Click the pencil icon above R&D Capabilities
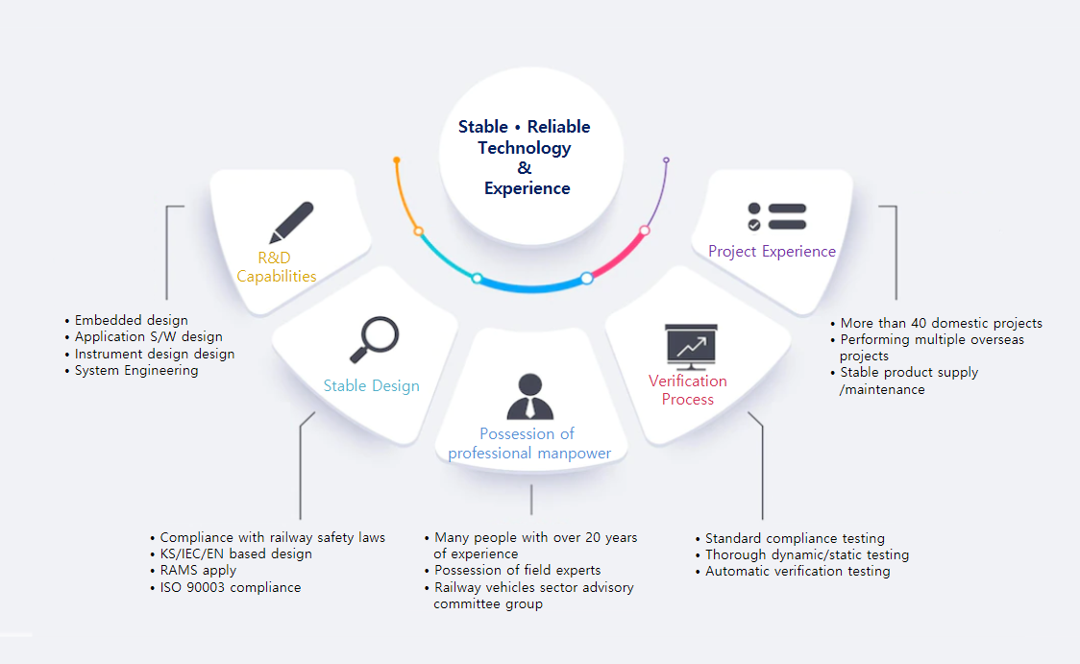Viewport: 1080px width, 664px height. click(x=291, y=222)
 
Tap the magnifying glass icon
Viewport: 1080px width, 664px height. click(x=374, y=339)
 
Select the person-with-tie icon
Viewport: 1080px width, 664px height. click(x=529, y=396)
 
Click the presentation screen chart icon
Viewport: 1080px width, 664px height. click(x=691, y=347)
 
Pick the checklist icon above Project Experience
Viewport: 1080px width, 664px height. click(x=777, y=217)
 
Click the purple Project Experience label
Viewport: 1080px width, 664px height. click(x=773, y=252)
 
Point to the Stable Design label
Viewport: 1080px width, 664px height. click(x=371, y=385)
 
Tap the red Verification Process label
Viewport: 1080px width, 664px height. click(x=687, y=390)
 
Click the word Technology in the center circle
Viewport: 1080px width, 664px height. click(x=525, y=148)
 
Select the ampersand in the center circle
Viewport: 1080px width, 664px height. click(x=525, y=167)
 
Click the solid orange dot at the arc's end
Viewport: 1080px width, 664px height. click(x=397, y=160)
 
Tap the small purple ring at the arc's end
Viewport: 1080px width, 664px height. click(x=666, y=160)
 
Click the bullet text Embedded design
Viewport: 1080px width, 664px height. click(x=131, y=320)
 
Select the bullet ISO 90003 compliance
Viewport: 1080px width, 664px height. click(x=230, y=587)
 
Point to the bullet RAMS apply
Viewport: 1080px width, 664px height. click(x=198, y=571)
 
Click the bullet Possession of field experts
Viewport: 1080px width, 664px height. click(x=517, y=571)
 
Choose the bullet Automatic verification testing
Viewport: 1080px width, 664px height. click(x=798, y=571)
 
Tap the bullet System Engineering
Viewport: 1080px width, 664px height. click(x=136, y=371)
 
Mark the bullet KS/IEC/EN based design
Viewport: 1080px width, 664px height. click(x=235, y=553)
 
